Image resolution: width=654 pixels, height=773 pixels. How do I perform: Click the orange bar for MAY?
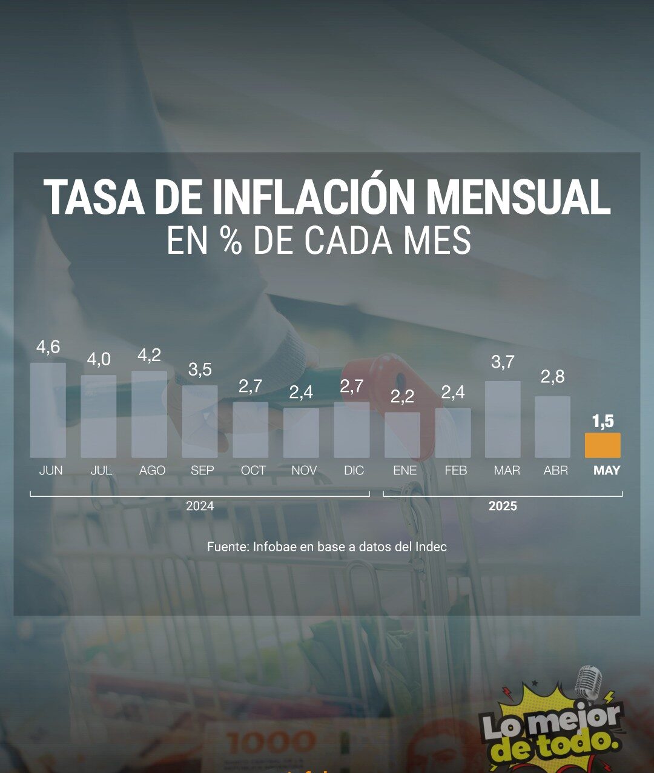click(x=603, y=445)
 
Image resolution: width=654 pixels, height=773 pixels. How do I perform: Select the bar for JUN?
click(x=48, y=410)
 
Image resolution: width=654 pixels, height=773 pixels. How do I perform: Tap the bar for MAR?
click(x=503, y=419)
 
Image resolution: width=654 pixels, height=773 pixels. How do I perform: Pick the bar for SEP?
click(x=200, y=422)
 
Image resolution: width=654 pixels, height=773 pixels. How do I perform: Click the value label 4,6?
click(x=48, y=347)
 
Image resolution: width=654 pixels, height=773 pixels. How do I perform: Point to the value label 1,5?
click(x=603, y=421)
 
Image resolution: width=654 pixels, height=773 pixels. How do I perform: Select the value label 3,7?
click(x=503, y=362)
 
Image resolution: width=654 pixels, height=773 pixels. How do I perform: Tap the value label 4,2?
click(x=149, y=356)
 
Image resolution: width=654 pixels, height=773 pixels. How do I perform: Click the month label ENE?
click(x=405, y=471)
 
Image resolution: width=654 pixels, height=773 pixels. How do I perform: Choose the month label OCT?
click(x=253, y=471)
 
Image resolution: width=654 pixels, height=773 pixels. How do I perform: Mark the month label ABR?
click(x=555, y=471)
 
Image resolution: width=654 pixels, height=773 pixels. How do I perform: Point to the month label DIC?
click(x=354, y=471)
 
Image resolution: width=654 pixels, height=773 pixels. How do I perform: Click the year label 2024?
click(x=200, y=506)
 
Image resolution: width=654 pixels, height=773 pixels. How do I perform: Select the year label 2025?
click(x=503, y=506)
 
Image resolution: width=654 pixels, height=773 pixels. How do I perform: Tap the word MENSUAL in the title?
click(x=518, y=197)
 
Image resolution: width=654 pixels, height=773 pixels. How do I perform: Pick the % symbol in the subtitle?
click(x=231, y=241)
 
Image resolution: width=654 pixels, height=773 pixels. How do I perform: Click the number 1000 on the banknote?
click(x=271, y=741)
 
